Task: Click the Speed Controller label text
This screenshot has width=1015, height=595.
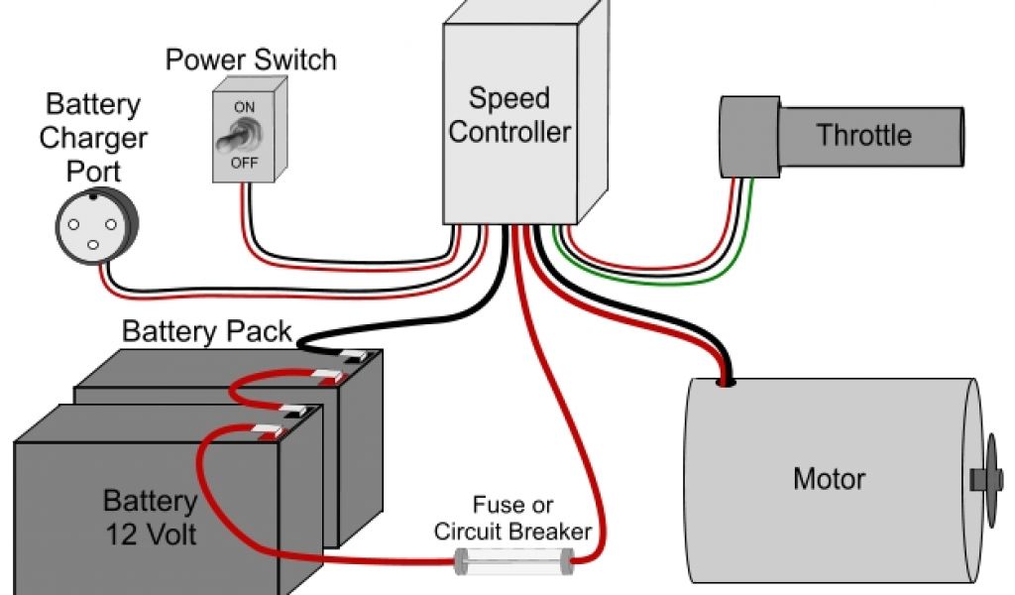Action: click(x=509, y=115)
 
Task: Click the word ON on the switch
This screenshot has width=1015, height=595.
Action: click(x=244, y=107)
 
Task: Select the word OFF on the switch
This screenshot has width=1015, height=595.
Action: click(x=244, y=163)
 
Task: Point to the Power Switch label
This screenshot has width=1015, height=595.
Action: click(x=251, y=59)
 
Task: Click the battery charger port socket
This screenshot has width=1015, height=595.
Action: click(x=96, y=226)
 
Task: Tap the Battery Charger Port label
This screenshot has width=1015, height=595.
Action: click(x=93, y=138)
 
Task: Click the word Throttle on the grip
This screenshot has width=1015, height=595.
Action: click(x=864, y=135)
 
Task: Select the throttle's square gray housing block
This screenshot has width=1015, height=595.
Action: click(x=750, y=137)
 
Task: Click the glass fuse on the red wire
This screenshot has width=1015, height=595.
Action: click(x=514, y=560)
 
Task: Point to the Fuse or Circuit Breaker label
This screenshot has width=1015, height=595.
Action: click(x=512, y=518)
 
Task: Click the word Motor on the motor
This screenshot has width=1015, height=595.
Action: click(x=830, y=479)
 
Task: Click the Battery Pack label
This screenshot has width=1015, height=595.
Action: click(x=206, y=331)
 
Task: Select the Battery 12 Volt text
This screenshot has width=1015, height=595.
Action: click(x=151, y=518)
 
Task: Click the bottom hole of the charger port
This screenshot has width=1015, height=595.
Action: click(x=93, y=245)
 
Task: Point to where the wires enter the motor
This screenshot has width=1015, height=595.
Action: click(x=725, y=383)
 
